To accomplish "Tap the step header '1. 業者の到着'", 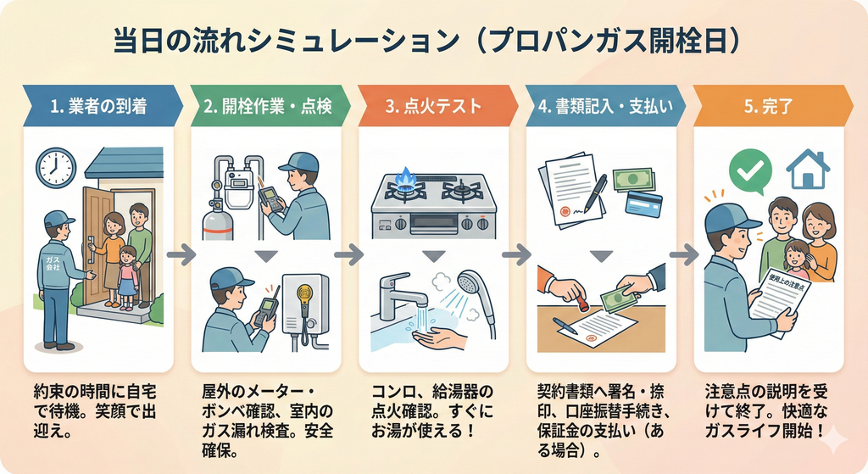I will pos(97,107).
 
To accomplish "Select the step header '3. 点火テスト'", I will pos(433,107).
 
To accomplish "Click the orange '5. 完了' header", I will pos(768,107).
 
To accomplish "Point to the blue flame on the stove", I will pos(406,177).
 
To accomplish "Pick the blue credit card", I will pos(643,203).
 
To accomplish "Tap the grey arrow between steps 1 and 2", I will pos(181,254).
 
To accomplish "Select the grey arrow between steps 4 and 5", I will pos(684,254).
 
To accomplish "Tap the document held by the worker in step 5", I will pos(774,298).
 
